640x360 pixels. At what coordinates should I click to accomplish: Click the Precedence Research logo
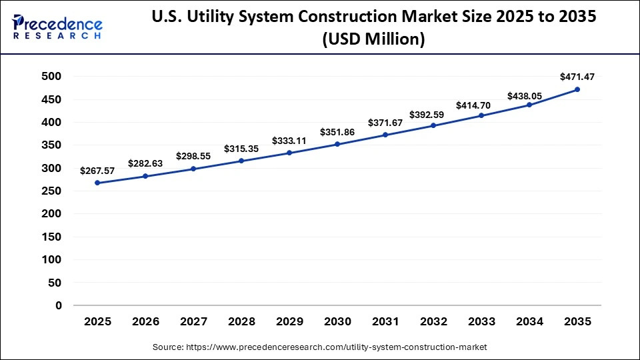pos(57,26)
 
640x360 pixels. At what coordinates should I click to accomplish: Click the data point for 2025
pos(97,183)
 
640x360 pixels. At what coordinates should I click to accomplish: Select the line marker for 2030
pos(337,144)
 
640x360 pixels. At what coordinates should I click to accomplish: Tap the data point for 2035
pos(577,89)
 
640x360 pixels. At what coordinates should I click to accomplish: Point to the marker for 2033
pos(481,115)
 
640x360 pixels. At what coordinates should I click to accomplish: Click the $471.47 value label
pos(577,77)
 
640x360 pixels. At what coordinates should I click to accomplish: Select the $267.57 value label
pos(97,171)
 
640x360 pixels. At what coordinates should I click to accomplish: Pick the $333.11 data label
pos(289,141)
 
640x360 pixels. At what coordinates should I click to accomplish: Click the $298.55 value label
pos(193,156)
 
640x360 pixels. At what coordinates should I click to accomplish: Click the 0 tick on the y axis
pos(58,305)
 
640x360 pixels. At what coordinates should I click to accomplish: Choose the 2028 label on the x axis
pos(241,321)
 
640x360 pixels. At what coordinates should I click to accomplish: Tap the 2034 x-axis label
pos(529,321)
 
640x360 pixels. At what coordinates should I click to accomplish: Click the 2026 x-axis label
pos(145,321)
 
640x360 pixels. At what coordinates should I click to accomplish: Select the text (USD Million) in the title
pos(373,40)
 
